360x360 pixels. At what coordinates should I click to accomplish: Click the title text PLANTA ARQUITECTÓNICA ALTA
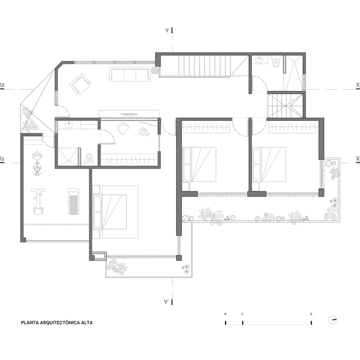[x=57, y=322]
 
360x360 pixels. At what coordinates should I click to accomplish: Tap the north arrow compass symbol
[x=332, y=320]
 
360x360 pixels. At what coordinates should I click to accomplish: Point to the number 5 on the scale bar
[x=311, y=314]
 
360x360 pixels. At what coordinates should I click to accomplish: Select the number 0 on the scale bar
[x=225, y=314]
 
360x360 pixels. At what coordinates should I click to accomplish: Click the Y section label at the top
[x=167, y=30]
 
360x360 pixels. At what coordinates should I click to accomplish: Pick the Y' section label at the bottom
[x=166, y=302]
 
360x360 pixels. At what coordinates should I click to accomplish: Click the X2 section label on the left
[x=2, y=85]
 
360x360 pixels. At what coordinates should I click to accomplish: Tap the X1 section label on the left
[x=2, y=158]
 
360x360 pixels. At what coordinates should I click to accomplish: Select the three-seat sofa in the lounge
[x=130, y=74]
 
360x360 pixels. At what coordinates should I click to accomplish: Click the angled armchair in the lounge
[x=80, y=84]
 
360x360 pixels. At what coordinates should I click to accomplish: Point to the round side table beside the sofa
[x=155, y=70]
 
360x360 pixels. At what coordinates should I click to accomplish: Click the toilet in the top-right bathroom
[x=276, y=61]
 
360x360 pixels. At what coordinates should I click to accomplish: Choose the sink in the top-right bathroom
[x=260, y=60]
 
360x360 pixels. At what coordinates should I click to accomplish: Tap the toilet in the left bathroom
[x=89, y=159]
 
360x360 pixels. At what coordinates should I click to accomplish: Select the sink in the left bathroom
[x=68, y=125]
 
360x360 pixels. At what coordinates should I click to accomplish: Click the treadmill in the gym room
[x=74, y=202]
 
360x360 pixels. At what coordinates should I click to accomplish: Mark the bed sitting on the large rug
[x=110, y=212]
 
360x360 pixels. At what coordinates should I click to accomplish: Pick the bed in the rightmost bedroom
[x=270, y=165]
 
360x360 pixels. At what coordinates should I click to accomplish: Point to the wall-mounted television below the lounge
[x=129, y=114]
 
